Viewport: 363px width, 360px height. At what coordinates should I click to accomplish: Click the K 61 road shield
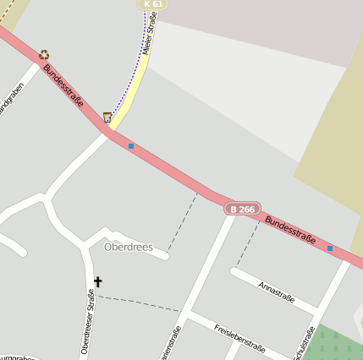tap(152, 4)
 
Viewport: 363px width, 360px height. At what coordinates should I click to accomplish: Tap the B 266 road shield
tap(242, 209)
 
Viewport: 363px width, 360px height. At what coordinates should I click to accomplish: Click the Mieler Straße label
tap(150, 39)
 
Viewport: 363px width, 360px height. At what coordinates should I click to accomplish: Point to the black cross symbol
tap(97, 281)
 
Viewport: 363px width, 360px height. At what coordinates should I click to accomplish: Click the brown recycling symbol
tap(44, 54)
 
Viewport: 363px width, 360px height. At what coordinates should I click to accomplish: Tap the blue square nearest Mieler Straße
tap(131, 146)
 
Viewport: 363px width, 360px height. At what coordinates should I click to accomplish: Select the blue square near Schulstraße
tap(330, 248)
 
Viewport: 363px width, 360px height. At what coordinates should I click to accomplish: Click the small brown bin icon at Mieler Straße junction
tap(107, 117)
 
